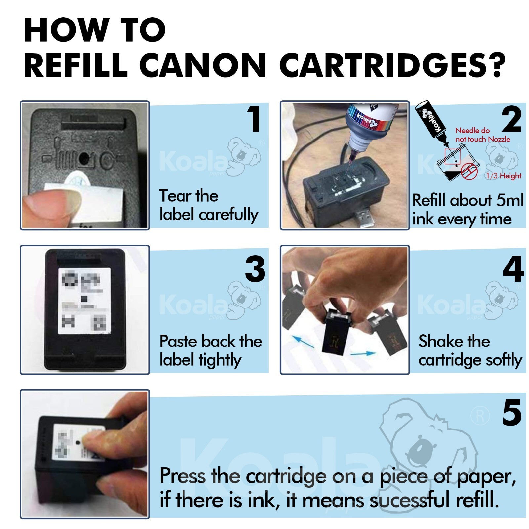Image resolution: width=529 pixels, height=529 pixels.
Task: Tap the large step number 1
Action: pos(254,119)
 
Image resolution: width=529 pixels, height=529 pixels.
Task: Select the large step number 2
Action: pos(511,120)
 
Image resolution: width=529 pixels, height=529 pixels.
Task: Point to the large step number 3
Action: pos(255,269)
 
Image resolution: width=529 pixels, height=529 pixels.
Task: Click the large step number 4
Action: pos(513,269)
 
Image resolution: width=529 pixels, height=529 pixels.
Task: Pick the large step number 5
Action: pos(511,412)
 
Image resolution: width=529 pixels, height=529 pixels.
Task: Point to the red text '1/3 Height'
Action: pos(503,176)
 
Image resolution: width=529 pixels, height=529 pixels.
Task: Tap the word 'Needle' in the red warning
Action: pos(467,130)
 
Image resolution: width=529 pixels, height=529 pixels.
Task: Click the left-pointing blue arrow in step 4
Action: pos(303,342)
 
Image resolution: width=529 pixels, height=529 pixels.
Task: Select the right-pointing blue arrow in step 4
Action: pos(363,354)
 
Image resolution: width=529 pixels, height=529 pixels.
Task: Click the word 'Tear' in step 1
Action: pos(174,196)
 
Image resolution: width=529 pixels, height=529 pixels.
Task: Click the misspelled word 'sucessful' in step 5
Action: pos(409,500)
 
